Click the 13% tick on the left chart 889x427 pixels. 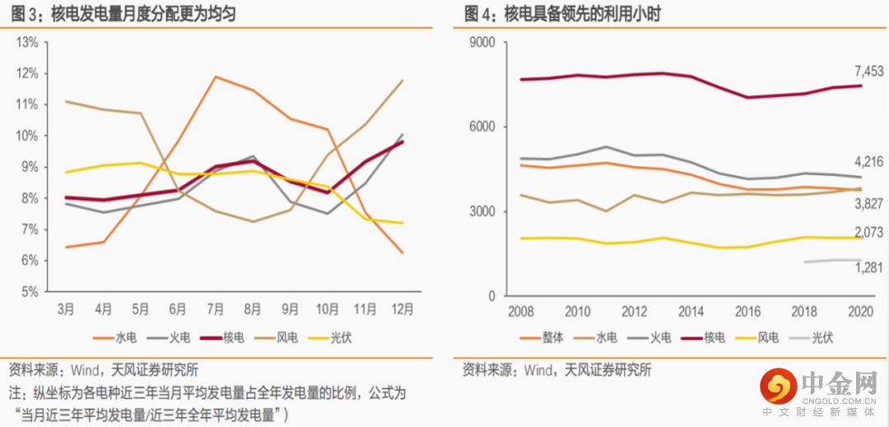point(27,41)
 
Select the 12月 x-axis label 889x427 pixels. point(403,309)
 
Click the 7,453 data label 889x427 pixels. point(868,71)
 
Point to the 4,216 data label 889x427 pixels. point(868,162)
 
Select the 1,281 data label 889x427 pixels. point(868,267)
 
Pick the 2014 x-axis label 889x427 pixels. point(691,311)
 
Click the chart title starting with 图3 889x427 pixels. point(123,14)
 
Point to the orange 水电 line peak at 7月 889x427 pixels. point(216,77)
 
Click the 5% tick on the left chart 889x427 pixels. point(27,291)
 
